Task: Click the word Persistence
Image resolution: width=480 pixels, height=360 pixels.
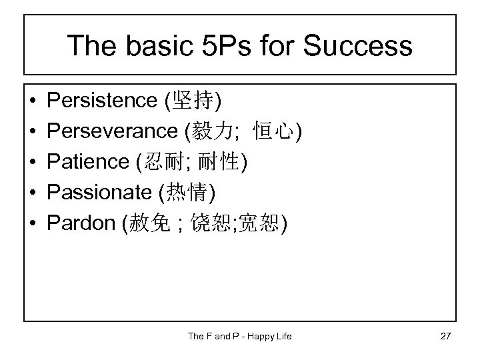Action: click(102, 101)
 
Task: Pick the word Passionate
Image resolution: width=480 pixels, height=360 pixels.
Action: click(99, 193)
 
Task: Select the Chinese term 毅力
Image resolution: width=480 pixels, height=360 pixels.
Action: click(212, 132)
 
